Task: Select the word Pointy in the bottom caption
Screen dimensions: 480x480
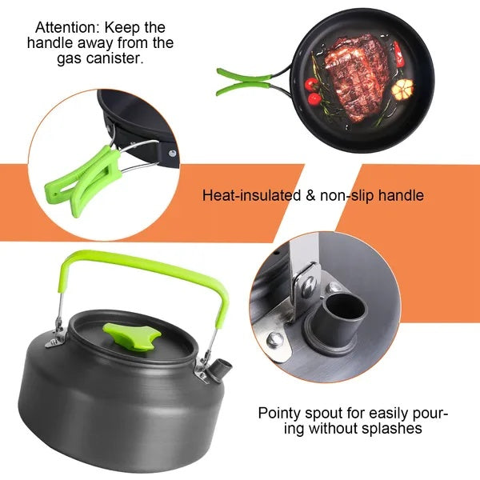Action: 277,414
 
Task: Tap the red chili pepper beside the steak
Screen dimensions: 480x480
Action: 398,54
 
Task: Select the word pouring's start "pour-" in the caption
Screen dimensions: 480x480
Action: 432,414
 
